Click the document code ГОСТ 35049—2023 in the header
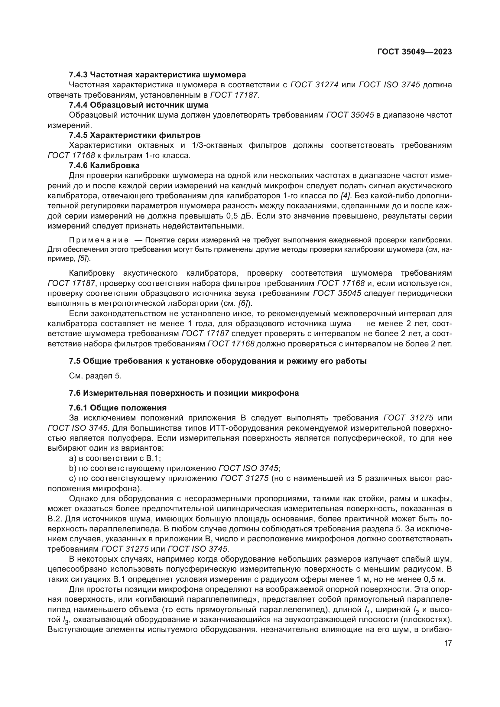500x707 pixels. pyautogui.click(x=414, y=52)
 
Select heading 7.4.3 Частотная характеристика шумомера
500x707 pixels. pyautogui.click(x=157, y=75)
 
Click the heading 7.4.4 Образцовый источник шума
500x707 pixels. pyautogui.click(x=138, y=105)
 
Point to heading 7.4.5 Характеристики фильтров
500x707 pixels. pyautogui.click(x=135, y=135)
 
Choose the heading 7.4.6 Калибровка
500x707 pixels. pyautogui.click(x=104, y=165)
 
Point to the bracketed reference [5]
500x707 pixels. pyautogui.click(x=82, y=259)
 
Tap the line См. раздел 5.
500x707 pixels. pyautogui.click(x=96, y=376)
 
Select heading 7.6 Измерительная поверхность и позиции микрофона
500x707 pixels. pyautogui.click(x=184, y=393)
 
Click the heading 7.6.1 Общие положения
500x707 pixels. pyautogui.click(x=118, y=408)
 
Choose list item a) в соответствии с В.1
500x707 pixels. pyautogui.click(x=115, y=459)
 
